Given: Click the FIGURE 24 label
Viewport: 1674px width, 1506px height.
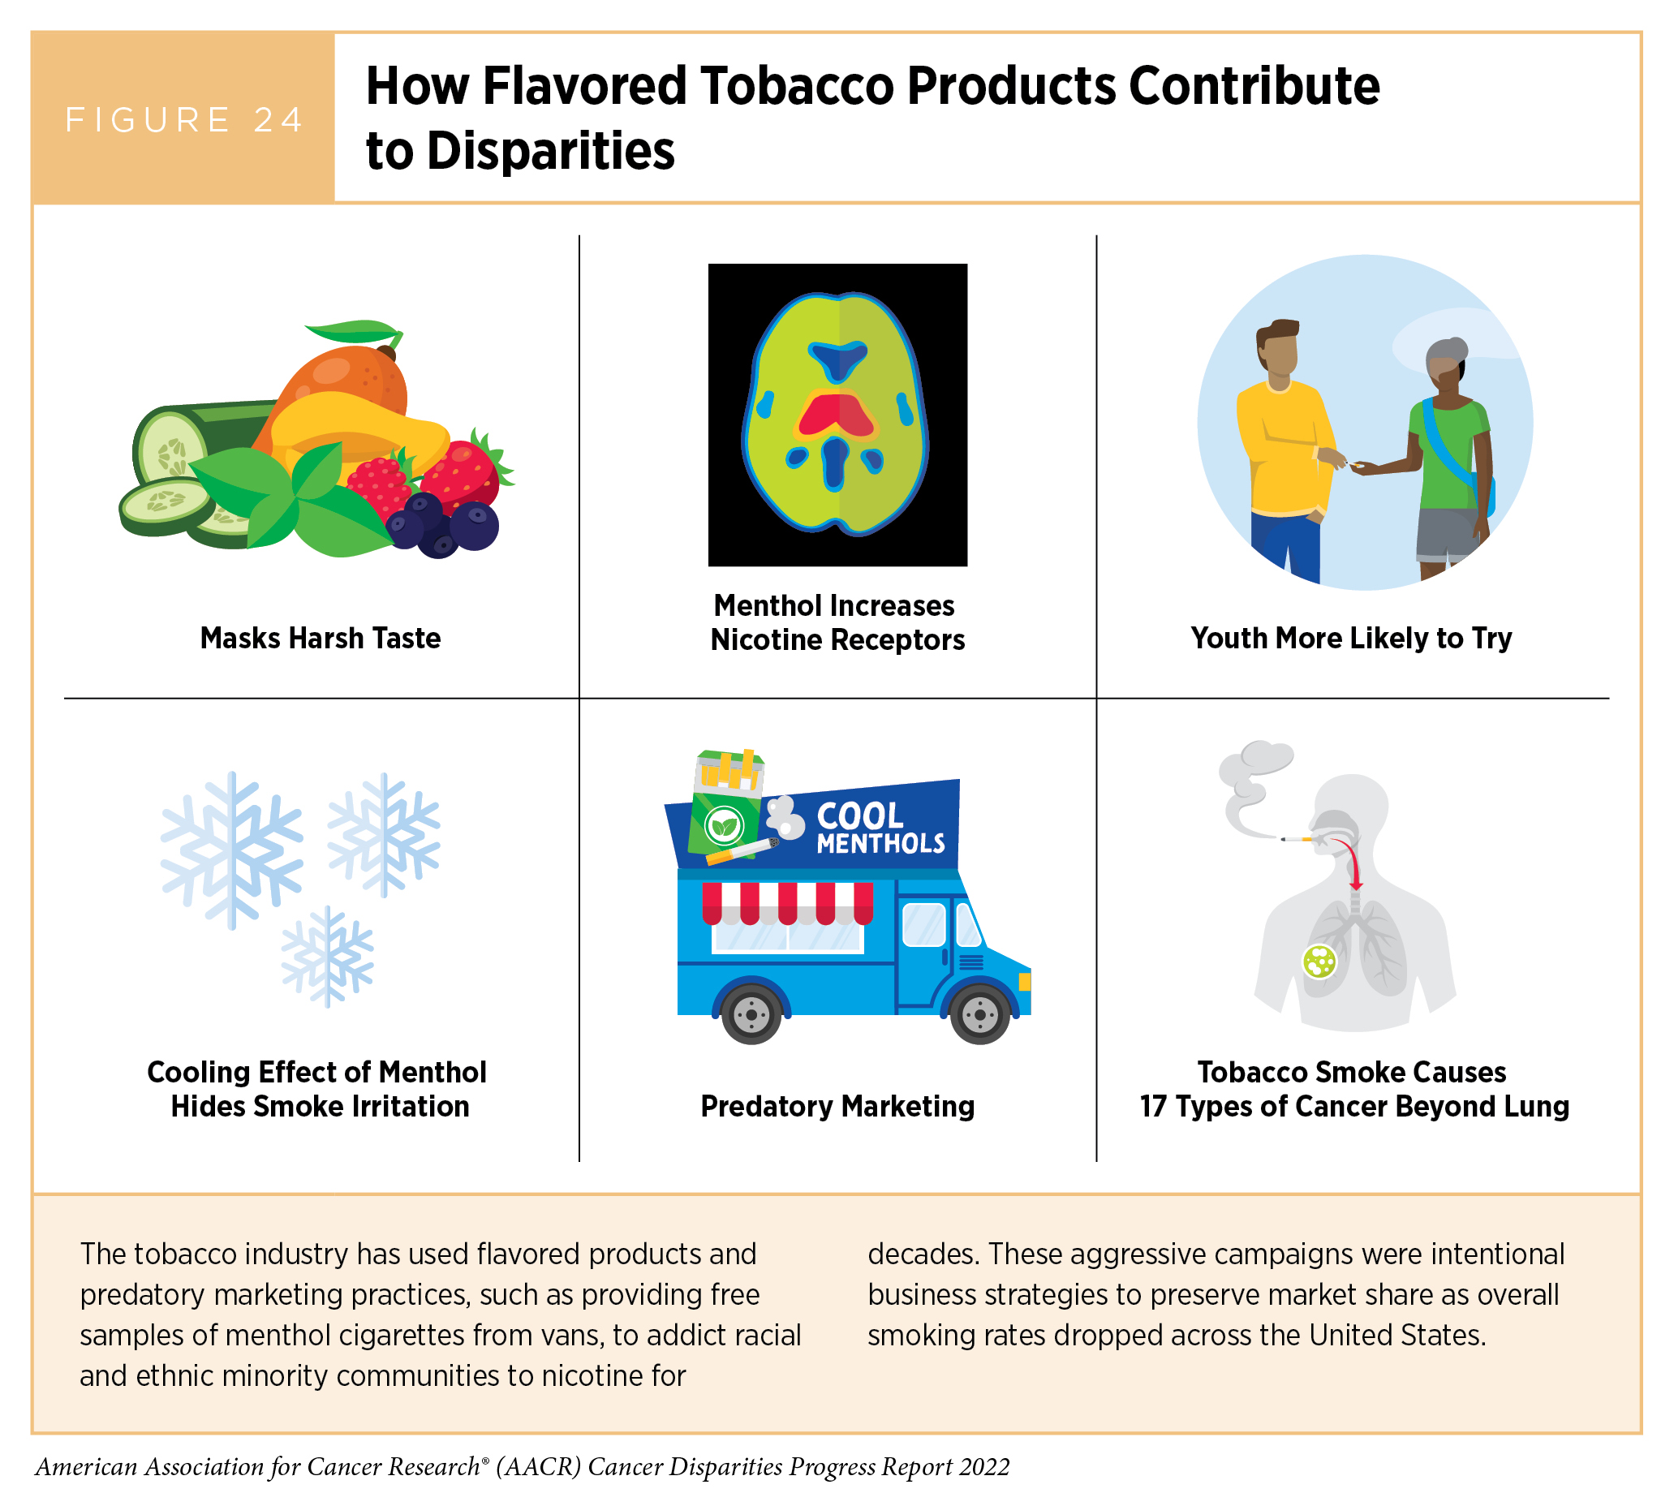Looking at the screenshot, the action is click(x=184, y=120).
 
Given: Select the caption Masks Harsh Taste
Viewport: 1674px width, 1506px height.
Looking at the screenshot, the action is click(x=321, y=638).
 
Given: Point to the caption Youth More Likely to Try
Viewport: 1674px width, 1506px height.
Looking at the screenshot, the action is click(x=1351, y=638).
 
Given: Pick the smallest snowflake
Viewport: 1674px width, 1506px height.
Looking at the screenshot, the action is click(x=328, y=956).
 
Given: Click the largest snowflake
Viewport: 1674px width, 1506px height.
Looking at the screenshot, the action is click(x=233, y=850).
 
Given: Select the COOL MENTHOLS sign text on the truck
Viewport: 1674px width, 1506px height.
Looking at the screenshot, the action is click(x=880, y=828).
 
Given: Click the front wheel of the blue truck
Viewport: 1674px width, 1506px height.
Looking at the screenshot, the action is click(x=979, y=1014).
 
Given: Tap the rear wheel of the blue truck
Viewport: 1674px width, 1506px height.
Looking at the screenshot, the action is click(x=751, y=1014).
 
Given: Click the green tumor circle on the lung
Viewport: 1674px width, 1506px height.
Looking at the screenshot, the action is click(x=1319, y=962).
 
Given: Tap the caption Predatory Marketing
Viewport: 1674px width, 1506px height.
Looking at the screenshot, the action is click(x=837, y=1106).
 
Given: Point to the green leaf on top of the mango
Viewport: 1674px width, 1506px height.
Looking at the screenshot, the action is click(x=354, y=333).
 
